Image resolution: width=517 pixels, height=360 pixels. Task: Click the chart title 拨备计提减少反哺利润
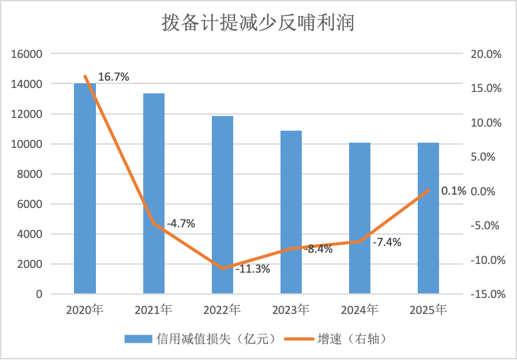click(x=258, y=23)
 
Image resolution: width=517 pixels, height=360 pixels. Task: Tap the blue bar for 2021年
click(x=154, y=200)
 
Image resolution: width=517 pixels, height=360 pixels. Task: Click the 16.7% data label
click(x=113, y=77)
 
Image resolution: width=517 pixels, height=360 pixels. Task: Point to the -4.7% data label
click(x=181, y=223)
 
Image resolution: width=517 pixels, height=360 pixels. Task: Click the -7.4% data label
click(x=386, y=242)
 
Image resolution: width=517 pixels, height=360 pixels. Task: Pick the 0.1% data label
click(x=454, y=191)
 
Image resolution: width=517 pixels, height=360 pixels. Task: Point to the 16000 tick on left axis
click(x=29, y=54)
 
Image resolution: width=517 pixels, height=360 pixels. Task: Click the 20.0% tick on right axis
click(x=485, y=54)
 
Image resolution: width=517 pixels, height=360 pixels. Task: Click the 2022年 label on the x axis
click(x=223, y=310)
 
